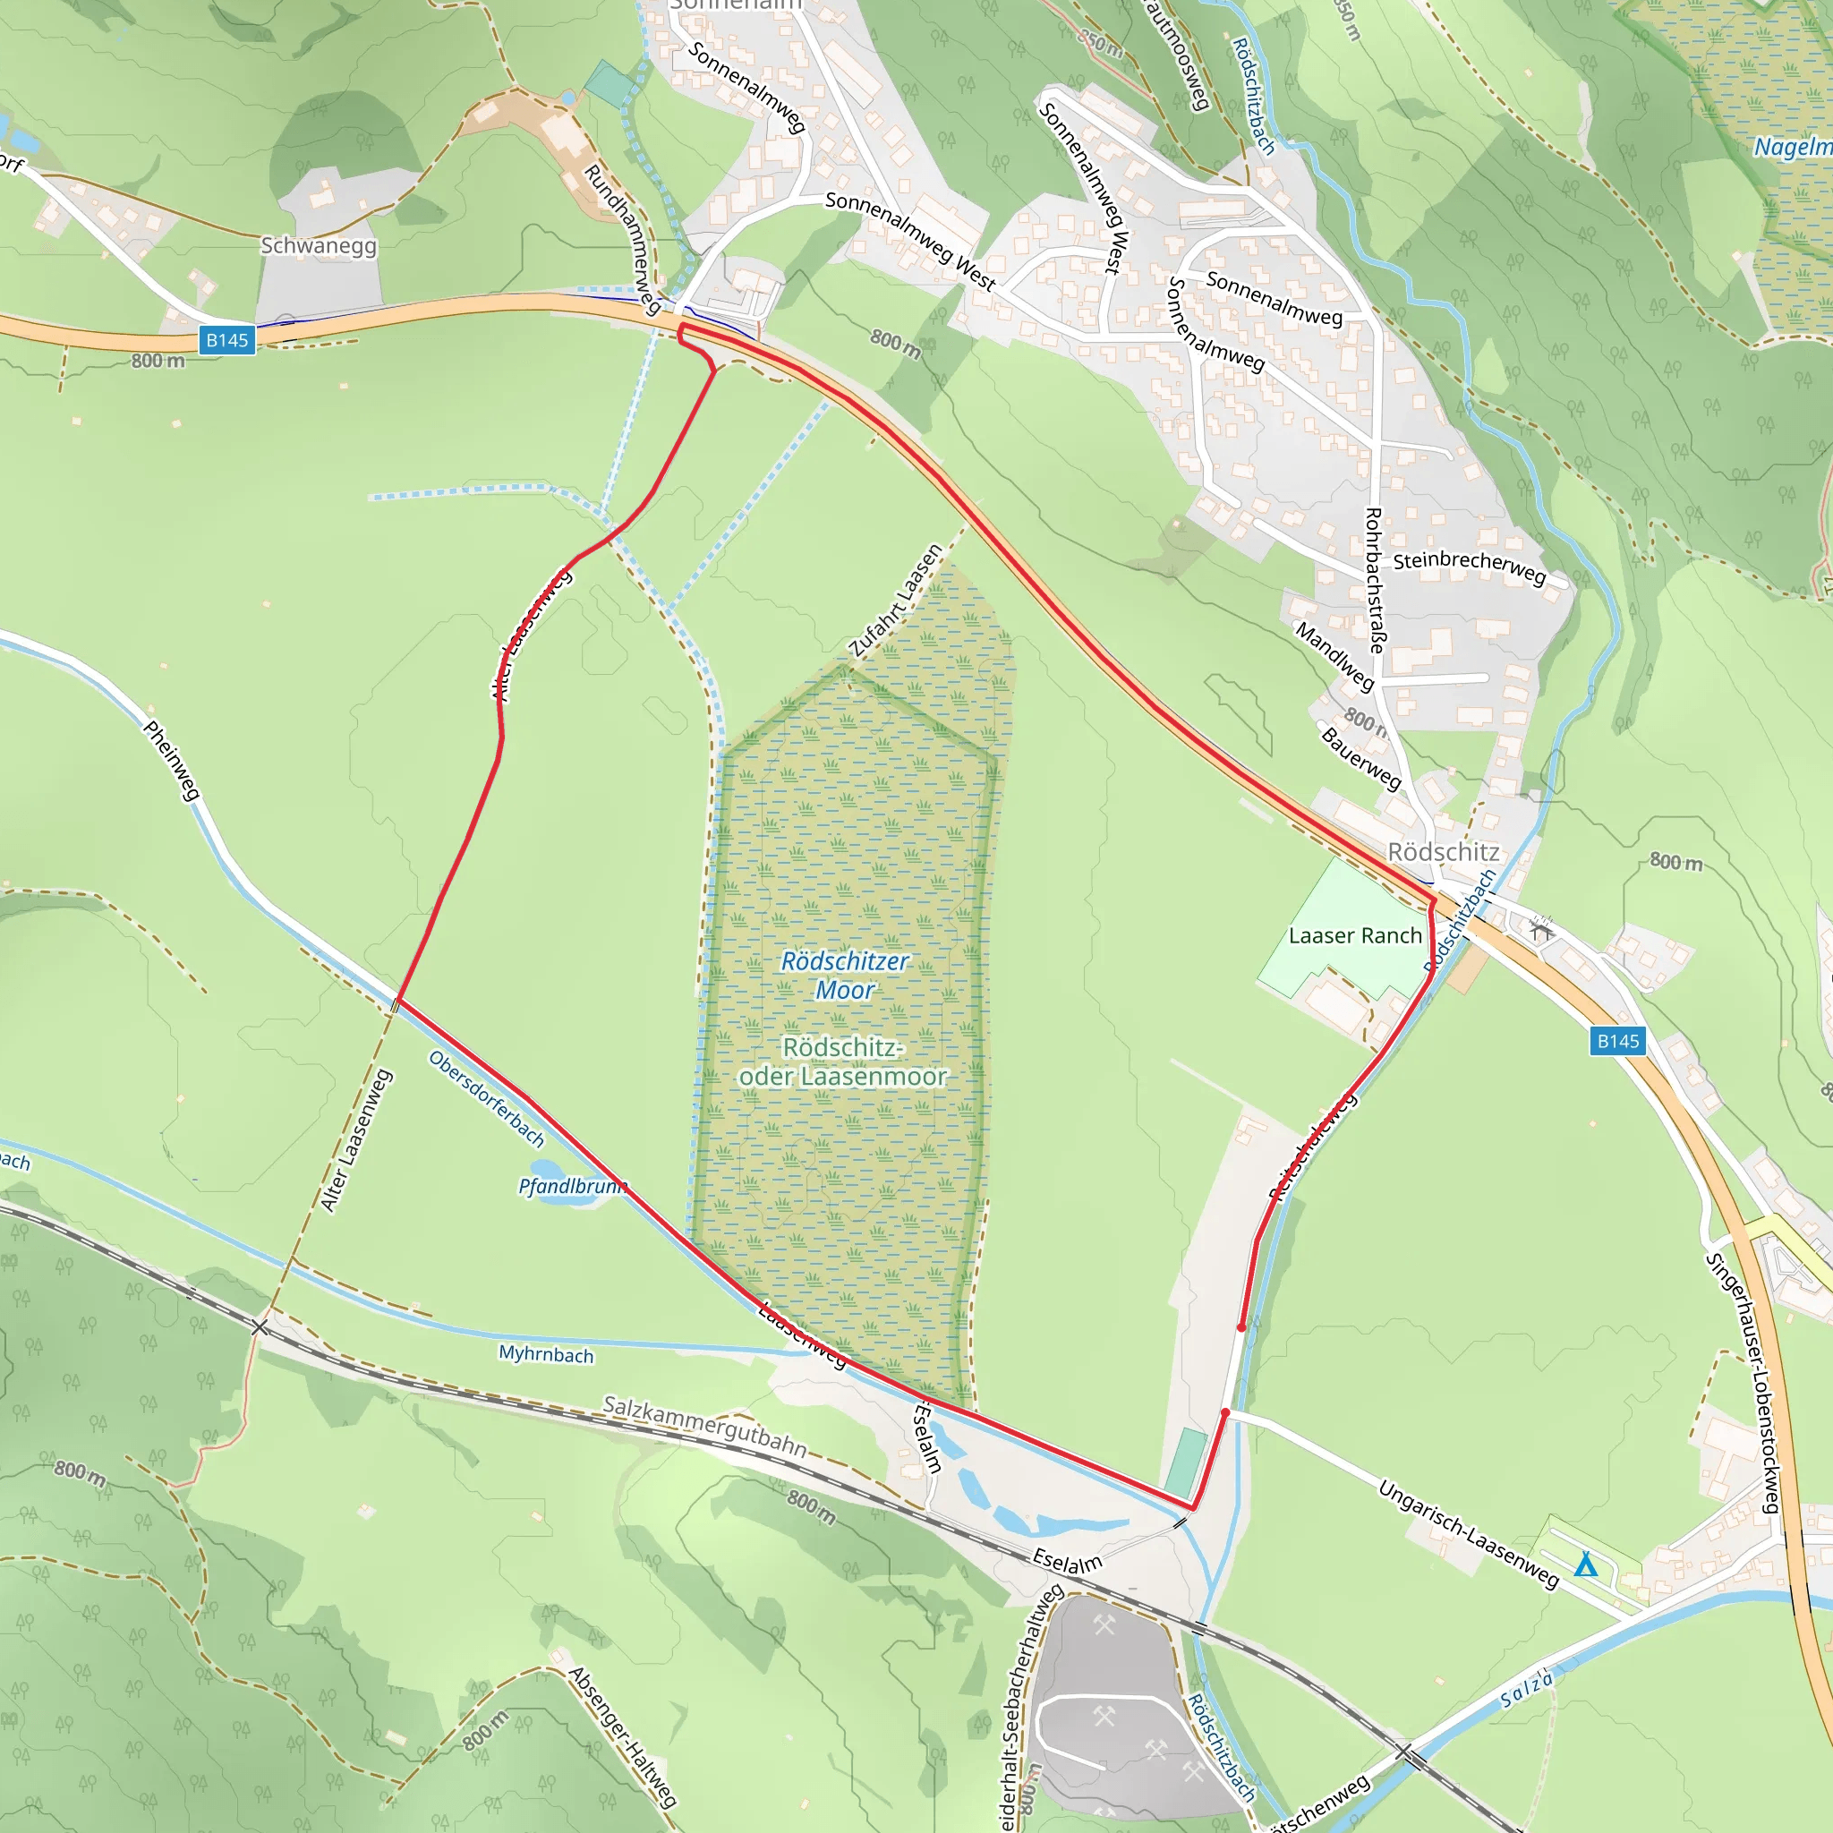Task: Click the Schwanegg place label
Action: [319, 246]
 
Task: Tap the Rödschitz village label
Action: [1443, 852]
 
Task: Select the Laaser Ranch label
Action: [1355, 935]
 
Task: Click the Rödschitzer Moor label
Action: [844, 976]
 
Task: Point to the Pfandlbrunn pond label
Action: [572, 1186]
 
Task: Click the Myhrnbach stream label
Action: [547, 1354]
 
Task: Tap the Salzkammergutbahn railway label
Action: [705, 1425]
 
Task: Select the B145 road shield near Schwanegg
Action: [227, 339]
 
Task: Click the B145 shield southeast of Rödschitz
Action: [1617, 1041]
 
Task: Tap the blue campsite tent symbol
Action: [1585, 1564]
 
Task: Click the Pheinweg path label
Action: [172, 760]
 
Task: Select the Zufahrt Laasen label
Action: [896, 601]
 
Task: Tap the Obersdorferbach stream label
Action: [487, 1099]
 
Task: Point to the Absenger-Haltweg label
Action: [622, 1736]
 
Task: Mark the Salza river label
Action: [1527, 1690]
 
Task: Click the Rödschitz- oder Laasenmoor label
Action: [842, 1061]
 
